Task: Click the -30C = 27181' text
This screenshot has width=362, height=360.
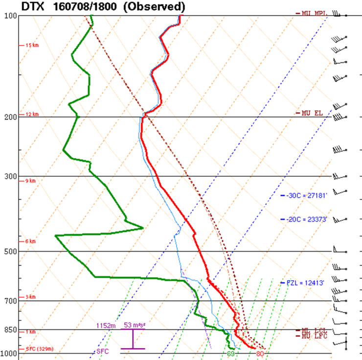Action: click(307, 195)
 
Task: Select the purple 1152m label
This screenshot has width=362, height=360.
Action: click(105, 325)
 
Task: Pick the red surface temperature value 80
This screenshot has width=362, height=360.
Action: click(260, 354)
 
